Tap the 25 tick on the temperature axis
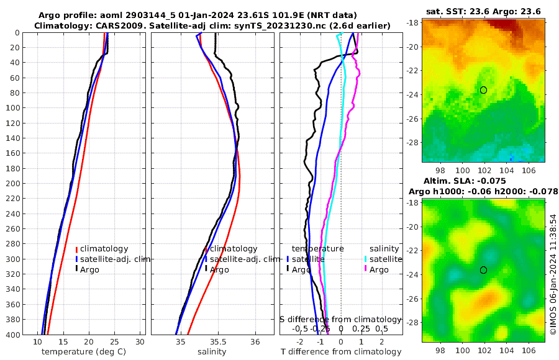114,342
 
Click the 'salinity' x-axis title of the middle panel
212,351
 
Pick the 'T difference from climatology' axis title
342,352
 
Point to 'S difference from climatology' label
342,319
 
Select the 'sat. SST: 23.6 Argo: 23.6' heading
484,11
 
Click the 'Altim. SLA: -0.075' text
484,181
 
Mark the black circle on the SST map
483,90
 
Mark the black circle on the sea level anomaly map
483,270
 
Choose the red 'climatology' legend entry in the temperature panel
104,249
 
